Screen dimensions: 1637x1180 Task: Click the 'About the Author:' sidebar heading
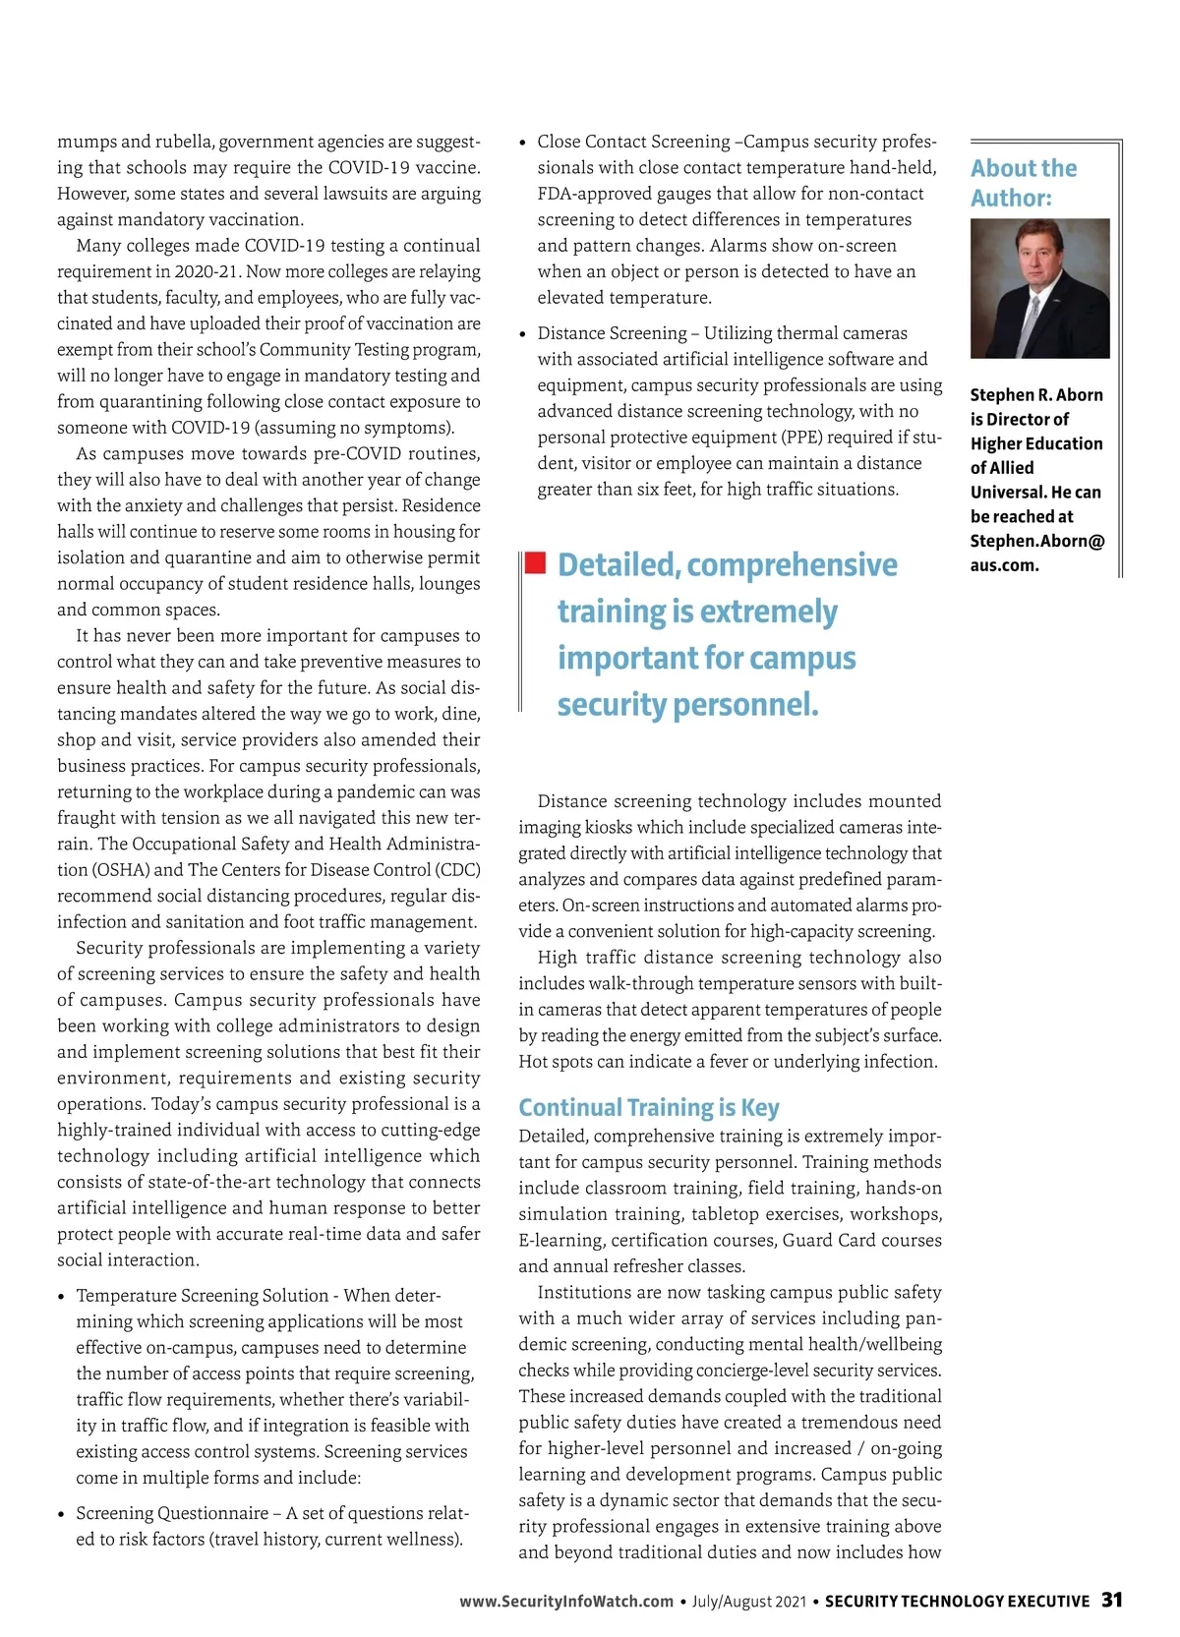pos(1024,183)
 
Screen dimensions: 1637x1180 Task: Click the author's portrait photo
pos(1039,288)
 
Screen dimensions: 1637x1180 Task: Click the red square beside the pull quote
pos(535,562)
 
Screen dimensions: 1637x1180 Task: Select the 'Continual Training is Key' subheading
pos(649,1107)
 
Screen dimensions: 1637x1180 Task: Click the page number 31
pos(1111,1600)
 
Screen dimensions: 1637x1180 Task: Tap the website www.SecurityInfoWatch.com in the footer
pos(566,1602)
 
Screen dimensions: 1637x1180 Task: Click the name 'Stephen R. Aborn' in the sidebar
pos(1036,394)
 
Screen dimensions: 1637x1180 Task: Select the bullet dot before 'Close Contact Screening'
pos(524,144)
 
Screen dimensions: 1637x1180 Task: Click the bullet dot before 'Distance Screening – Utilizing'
pos(524,335)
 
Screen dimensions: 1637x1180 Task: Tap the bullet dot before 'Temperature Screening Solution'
pos(62,1298)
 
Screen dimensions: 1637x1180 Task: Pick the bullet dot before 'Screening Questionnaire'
pos(62,1515)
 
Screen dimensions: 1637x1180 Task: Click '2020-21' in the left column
pos(206,271)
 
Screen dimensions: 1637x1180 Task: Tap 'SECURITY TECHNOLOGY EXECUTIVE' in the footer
pos(957,1602)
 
